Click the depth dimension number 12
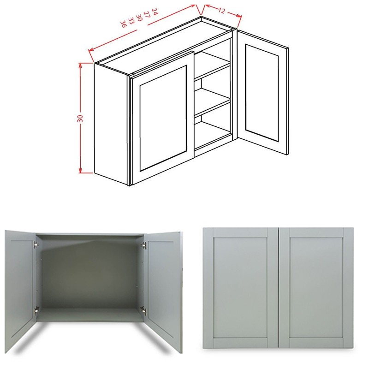click(x=222, y=11)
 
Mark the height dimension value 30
click(x=80, y=118)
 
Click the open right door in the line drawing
click(x=262, y=92)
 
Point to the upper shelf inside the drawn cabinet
click(x=212, y=69)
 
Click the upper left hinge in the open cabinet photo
click(x=36, y=245)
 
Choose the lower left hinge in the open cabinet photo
click(x=36, y=309)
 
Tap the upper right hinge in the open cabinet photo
click(x=144, y=245)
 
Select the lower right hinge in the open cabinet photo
click(x=143, y=309)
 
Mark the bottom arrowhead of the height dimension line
click(x=80, y=171)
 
